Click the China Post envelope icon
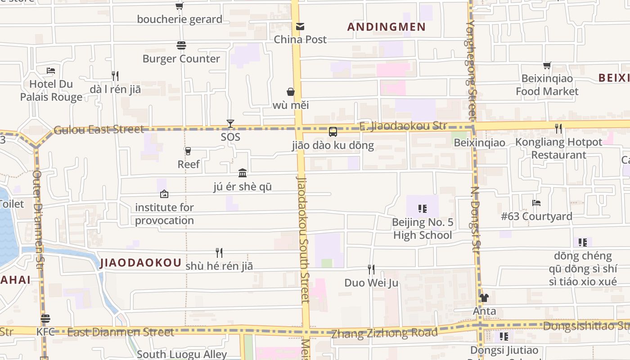coord(300,27)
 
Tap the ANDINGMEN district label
coord(386,27)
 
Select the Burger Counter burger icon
coord(181,45)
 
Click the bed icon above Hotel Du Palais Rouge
coord(51,71)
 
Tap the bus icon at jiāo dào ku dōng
coord(333,132)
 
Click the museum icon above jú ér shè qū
coord(243,173)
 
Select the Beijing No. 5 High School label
coord(422,229)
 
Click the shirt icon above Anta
coord(484,298)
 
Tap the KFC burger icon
coord(45,319)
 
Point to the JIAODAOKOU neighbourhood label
coord(141,263)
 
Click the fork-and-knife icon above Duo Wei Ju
coord(371,270)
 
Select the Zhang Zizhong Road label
coord(384,333)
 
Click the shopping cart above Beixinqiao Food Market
coord(547,66)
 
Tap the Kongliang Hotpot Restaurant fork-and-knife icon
coord(558,129)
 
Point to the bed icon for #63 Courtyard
coord(536,203)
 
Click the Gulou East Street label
coord(99,130)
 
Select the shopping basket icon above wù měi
coord(291,92)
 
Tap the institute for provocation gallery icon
coord(164,194)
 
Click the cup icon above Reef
coord(188,151)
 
